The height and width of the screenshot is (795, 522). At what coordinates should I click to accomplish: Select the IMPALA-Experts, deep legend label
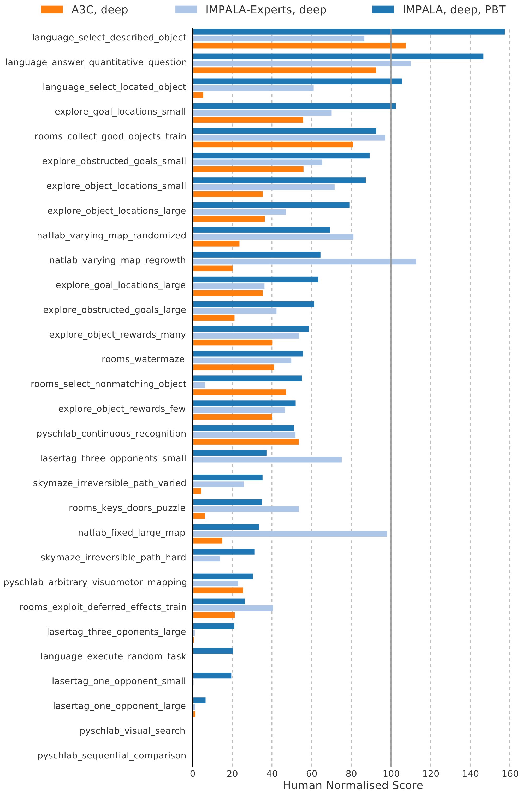(266, 10)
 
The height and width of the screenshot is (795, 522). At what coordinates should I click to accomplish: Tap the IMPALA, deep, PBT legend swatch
(383, 9)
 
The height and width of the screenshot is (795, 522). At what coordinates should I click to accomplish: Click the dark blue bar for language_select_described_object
(348, 32)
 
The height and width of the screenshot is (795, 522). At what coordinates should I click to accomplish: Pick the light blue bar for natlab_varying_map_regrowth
(304, 261)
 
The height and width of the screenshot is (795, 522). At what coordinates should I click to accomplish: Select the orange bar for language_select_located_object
(198, 95)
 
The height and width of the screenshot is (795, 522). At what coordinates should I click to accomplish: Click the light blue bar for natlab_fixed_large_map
(290, 534)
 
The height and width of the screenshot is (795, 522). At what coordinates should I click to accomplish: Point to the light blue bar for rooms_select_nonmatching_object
(199, 385)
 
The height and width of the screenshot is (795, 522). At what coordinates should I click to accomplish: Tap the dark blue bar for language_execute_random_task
(213, 651)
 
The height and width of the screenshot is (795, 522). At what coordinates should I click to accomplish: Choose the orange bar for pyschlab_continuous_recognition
(246, 441)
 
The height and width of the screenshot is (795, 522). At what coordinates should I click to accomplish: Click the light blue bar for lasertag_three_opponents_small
(267, 460)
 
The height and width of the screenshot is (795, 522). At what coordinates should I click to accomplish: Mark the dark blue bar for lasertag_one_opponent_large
(199, 700)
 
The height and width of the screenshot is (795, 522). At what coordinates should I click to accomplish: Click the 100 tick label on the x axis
(391, 774)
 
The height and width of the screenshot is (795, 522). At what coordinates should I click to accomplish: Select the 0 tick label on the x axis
(193, 774)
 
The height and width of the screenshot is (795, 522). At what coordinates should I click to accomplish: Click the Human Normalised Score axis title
(353, 785)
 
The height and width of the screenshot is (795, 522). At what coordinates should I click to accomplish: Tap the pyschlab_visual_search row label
(132, 731)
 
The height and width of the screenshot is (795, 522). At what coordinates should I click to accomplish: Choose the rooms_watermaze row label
(143, 359)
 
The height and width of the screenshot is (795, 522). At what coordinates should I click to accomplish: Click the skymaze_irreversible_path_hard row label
(113, 558)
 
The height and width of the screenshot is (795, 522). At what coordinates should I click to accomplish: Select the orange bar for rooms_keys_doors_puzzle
(199, 516)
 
